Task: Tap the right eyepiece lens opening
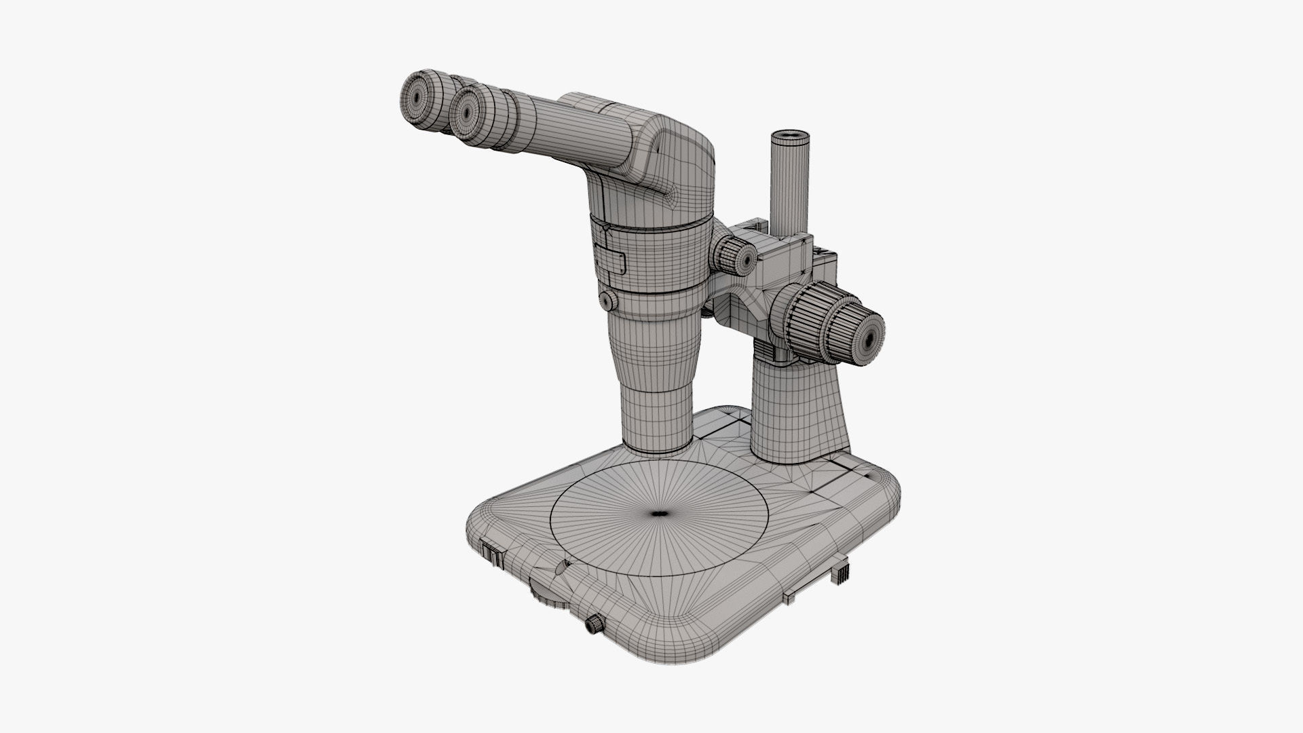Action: pyautogui.click(x=466, y=109)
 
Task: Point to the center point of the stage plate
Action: pyautogui.click(x=657, y=514)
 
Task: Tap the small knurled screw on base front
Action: pyautogui.click(x=595, y=624)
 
